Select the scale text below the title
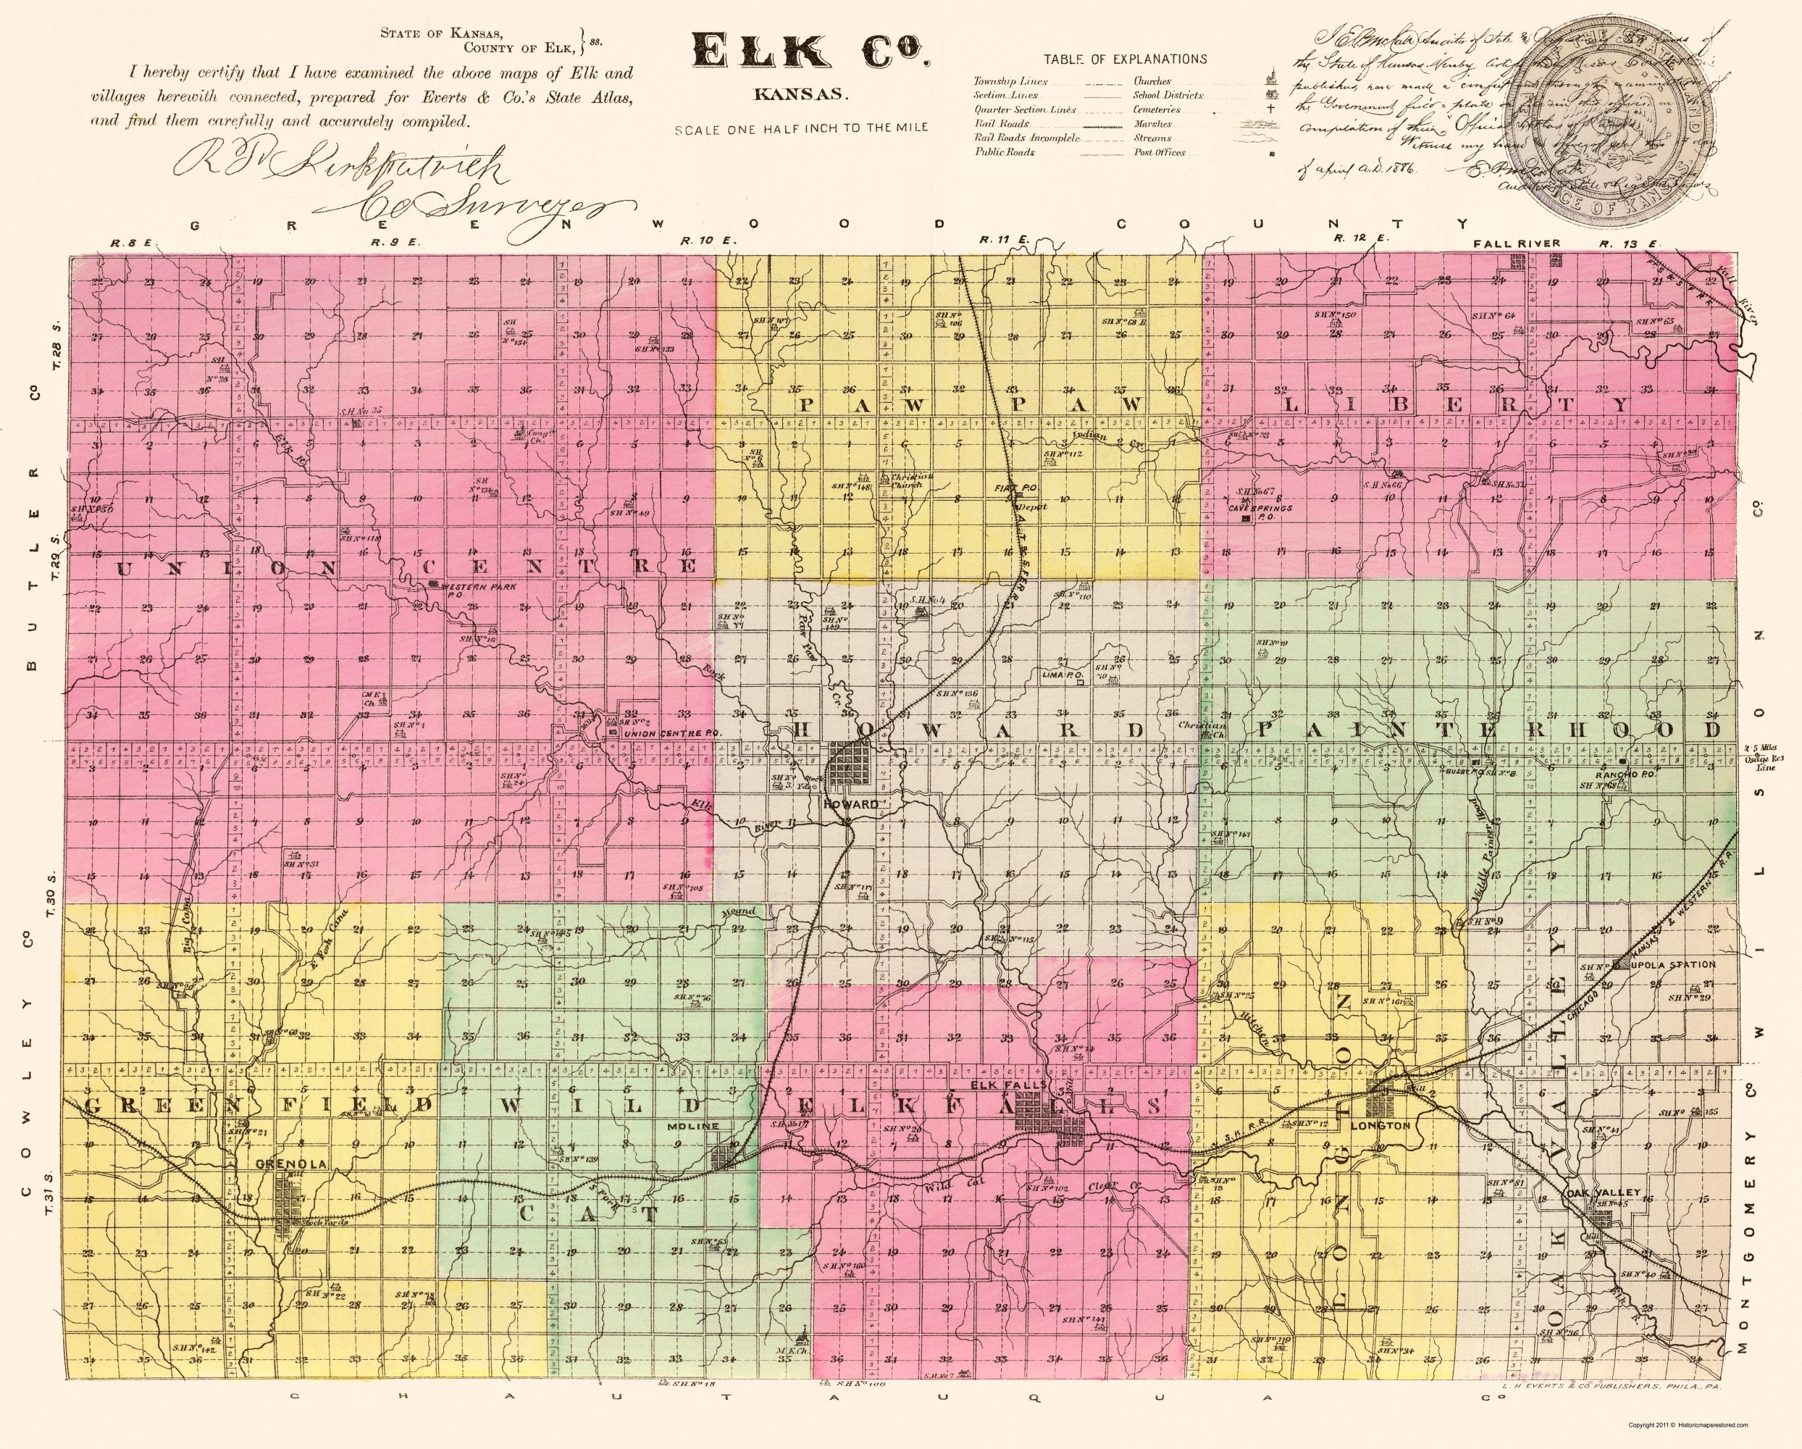tap(802, 129)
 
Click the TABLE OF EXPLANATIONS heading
tap(1125, 59)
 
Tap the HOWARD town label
tap(851, 804)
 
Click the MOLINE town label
tap(693, 1127)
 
